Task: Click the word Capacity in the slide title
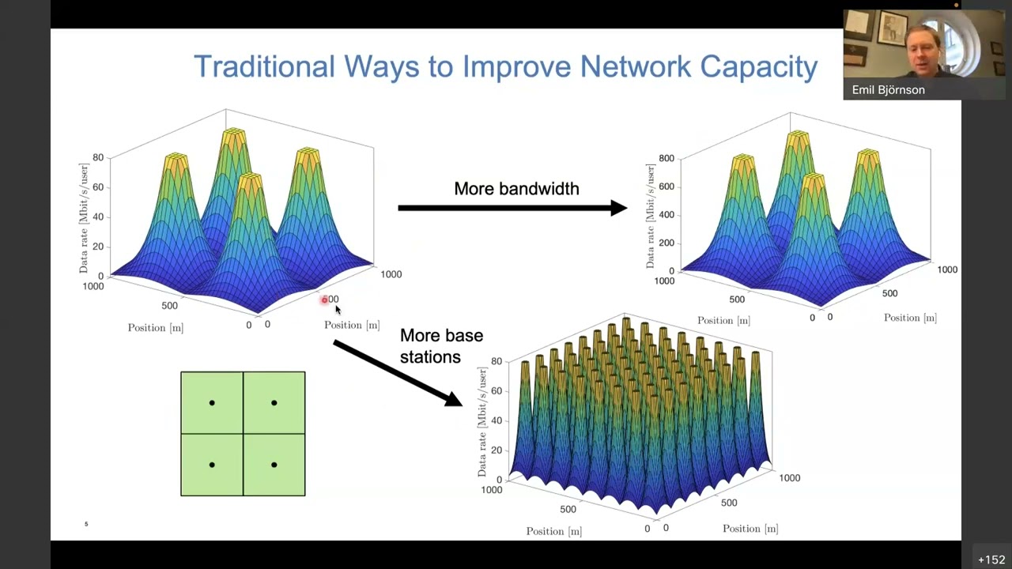[x=759, y=67]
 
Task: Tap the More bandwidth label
[x=516, y=189]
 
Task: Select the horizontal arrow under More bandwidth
[x=512, y=208]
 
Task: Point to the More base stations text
[x=440, y=346]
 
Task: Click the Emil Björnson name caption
[x=888, y=90]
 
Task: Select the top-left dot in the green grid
[x=212, y=403]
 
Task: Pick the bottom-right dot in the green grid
[x=274, y=465]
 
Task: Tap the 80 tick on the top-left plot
[x=98, y=157]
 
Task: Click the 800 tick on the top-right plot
[x=666, y=158]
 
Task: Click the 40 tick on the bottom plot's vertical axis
[x=497, y=420]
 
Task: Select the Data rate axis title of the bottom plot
[x=481, y=420]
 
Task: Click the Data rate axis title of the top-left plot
[x=84, y=218]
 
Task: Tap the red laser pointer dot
[x=324, y=300]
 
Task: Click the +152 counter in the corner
[x=991, y=560]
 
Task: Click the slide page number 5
[x=86, y=524]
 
